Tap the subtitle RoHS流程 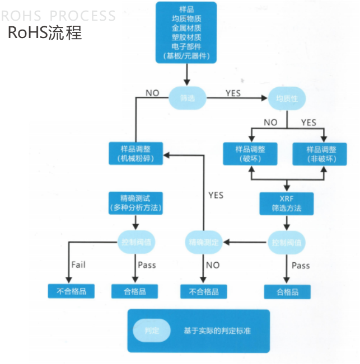pos(45,32)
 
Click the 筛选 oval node pos(188,98)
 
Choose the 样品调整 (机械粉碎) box pos(136,154)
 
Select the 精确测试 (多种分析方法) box pos(136,202)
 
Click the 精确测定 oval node pos(204,242)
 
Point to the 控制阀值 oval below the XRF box pos(286,242)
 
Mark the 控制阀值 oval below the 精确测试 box pos(136,242)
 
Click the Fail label pos(78,264)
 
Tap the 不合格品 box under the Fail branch pos(71,291)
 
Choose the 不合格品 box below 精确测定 pos(204,291)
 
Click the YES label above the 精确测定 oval pos(216,195)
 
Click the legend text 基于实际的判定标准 pos(217,330)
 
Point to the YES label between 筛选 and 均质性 pos(233,93)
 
